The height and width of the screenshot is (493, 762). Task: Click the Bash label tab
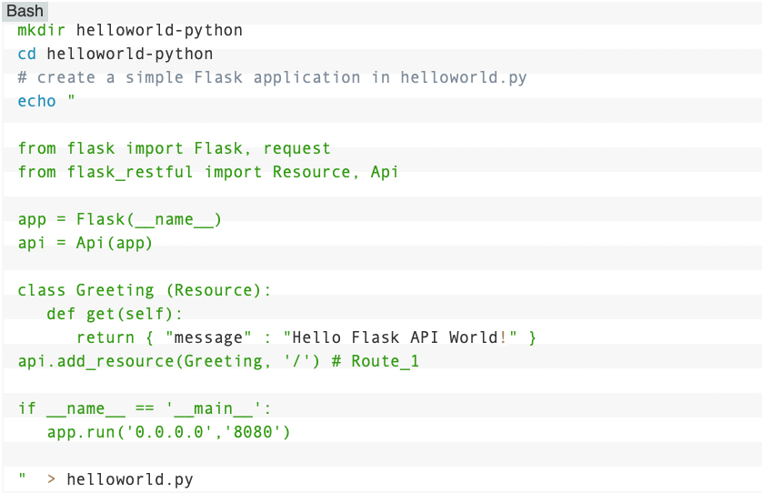[x=25, y=11]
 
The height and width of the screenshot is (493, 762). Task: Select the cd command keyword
[x=27, y=54]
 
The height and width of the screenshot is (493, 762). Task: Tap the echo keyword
[x=36, y=101]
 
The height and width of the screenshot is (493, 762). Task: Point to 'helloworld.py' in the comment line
[x=464, y=77]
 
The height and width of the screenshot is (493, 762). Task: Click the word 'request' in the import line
[x=297, y=148]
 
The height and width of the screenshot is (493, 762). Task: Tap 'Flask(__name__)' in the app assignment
[x=149, y=219]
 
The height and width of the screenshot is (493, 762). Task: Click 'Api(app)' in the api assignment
[x=115, y=243]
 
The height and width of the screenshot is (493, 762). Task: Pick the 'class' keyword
[x=42, y=290]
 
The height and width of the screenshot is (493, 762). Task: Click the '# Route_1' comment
[x=376, y=361]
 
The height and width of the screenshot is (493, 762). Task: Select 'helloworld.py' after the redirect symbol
[x=130, y=479]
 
